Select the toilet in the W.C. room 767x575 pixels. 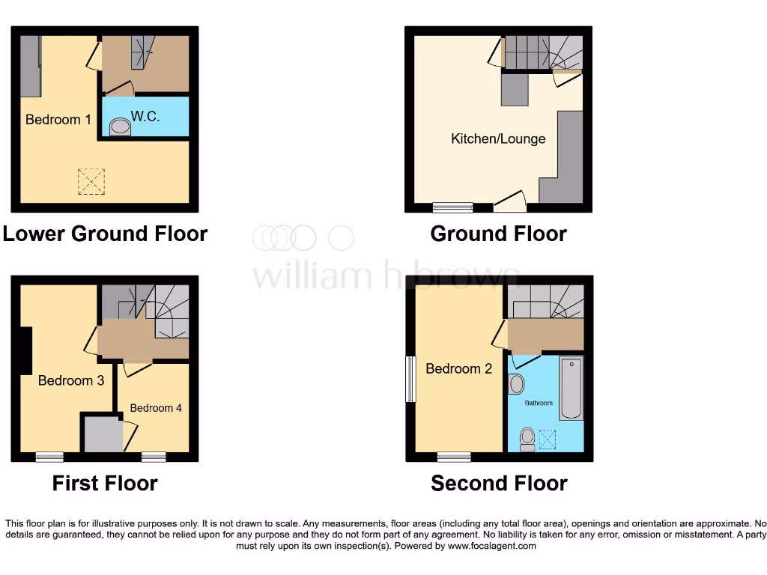[x=120, y=130]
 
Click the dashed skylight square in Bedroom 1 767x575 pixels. [x=91, y=182]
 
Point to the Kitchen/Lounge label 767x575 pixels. [x=498, y=139]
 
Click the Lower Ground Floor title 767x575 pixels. [x=105, y=234]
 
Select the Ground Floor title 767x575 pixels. [x=498, y=234]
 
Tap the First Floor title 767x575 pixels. [x=105, y=483]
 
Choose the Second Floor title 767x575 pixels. [x=499, y=483]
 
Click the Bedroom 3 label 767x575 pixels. [x=71, y=380]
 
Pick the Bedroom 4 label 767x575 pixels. [x=156, y=408]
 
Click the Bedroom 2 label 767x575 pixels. [x=458, y=368]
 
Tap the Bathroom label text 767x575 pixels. [x=539, y=403]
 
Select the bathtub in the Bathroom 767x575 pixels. [x=571, y=388]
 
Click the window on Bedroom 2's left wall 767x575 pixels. [x=410, y=379]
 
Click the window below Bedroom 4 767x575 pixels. [x=154, y=456]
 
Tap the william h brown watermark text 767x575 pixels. [x=386, y=276]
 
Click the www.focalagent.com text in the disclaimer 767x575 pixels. [x=492, y=546]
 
